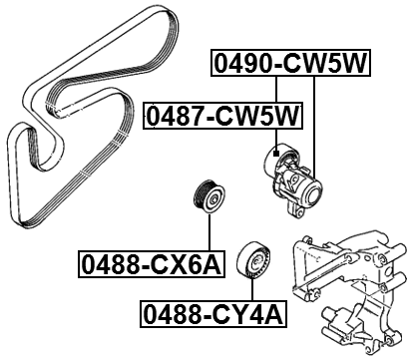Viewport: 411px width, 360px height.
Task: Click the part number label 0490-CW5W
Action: [x=289, y=66]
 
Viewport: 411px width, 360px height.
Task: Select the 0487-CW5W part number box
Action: [x=223, y=118]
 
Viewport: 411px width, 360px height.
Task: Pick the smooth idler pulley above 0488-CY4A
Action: [x=256, y=261]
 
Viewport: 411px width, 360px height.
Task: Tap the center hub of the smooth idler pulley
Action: [x=256, y=261]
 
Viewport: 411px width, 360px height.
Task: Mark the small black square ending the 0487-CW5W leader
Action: [x=273, y=152]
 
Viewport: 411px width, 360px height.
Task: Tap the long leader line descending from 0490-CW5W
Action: [x=315, y=130]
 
